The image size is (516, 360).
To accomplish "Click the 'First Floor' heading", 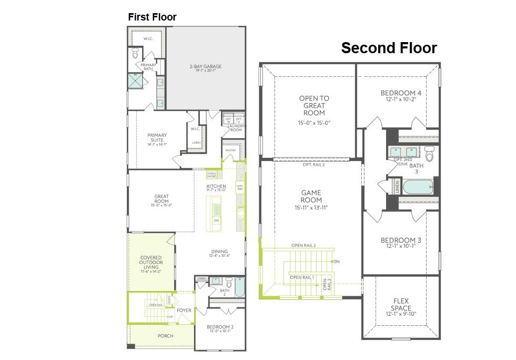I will (152, 17).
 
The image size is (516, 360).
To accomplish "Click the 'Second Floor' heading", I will (389, 48).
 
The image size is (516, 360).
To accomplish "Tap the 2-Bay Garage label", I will (206, 67).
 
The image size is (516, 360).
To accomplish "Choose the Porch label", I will (166, 336).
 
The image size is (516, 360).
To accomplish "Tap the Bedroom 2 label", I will (220, 329).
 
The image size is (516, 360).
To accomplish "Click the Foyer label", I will (184, 311).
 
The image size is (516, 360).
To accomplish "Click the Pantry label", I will (230, 151).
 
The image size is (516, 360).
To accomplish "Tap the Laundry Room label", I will (235, 128).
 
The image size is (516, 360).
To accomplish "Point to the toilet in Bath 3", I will (430, 155).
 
